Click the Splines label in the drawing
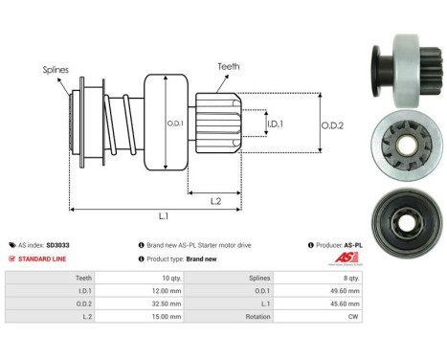[x=55, y=70]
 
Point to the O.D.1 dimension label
[x=175, y=123]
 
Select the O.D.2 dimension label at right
[x=332, y=122]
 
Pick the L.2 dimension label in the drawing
[x=217, y=200]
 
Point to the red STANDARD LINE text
[x=45, y=259]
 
